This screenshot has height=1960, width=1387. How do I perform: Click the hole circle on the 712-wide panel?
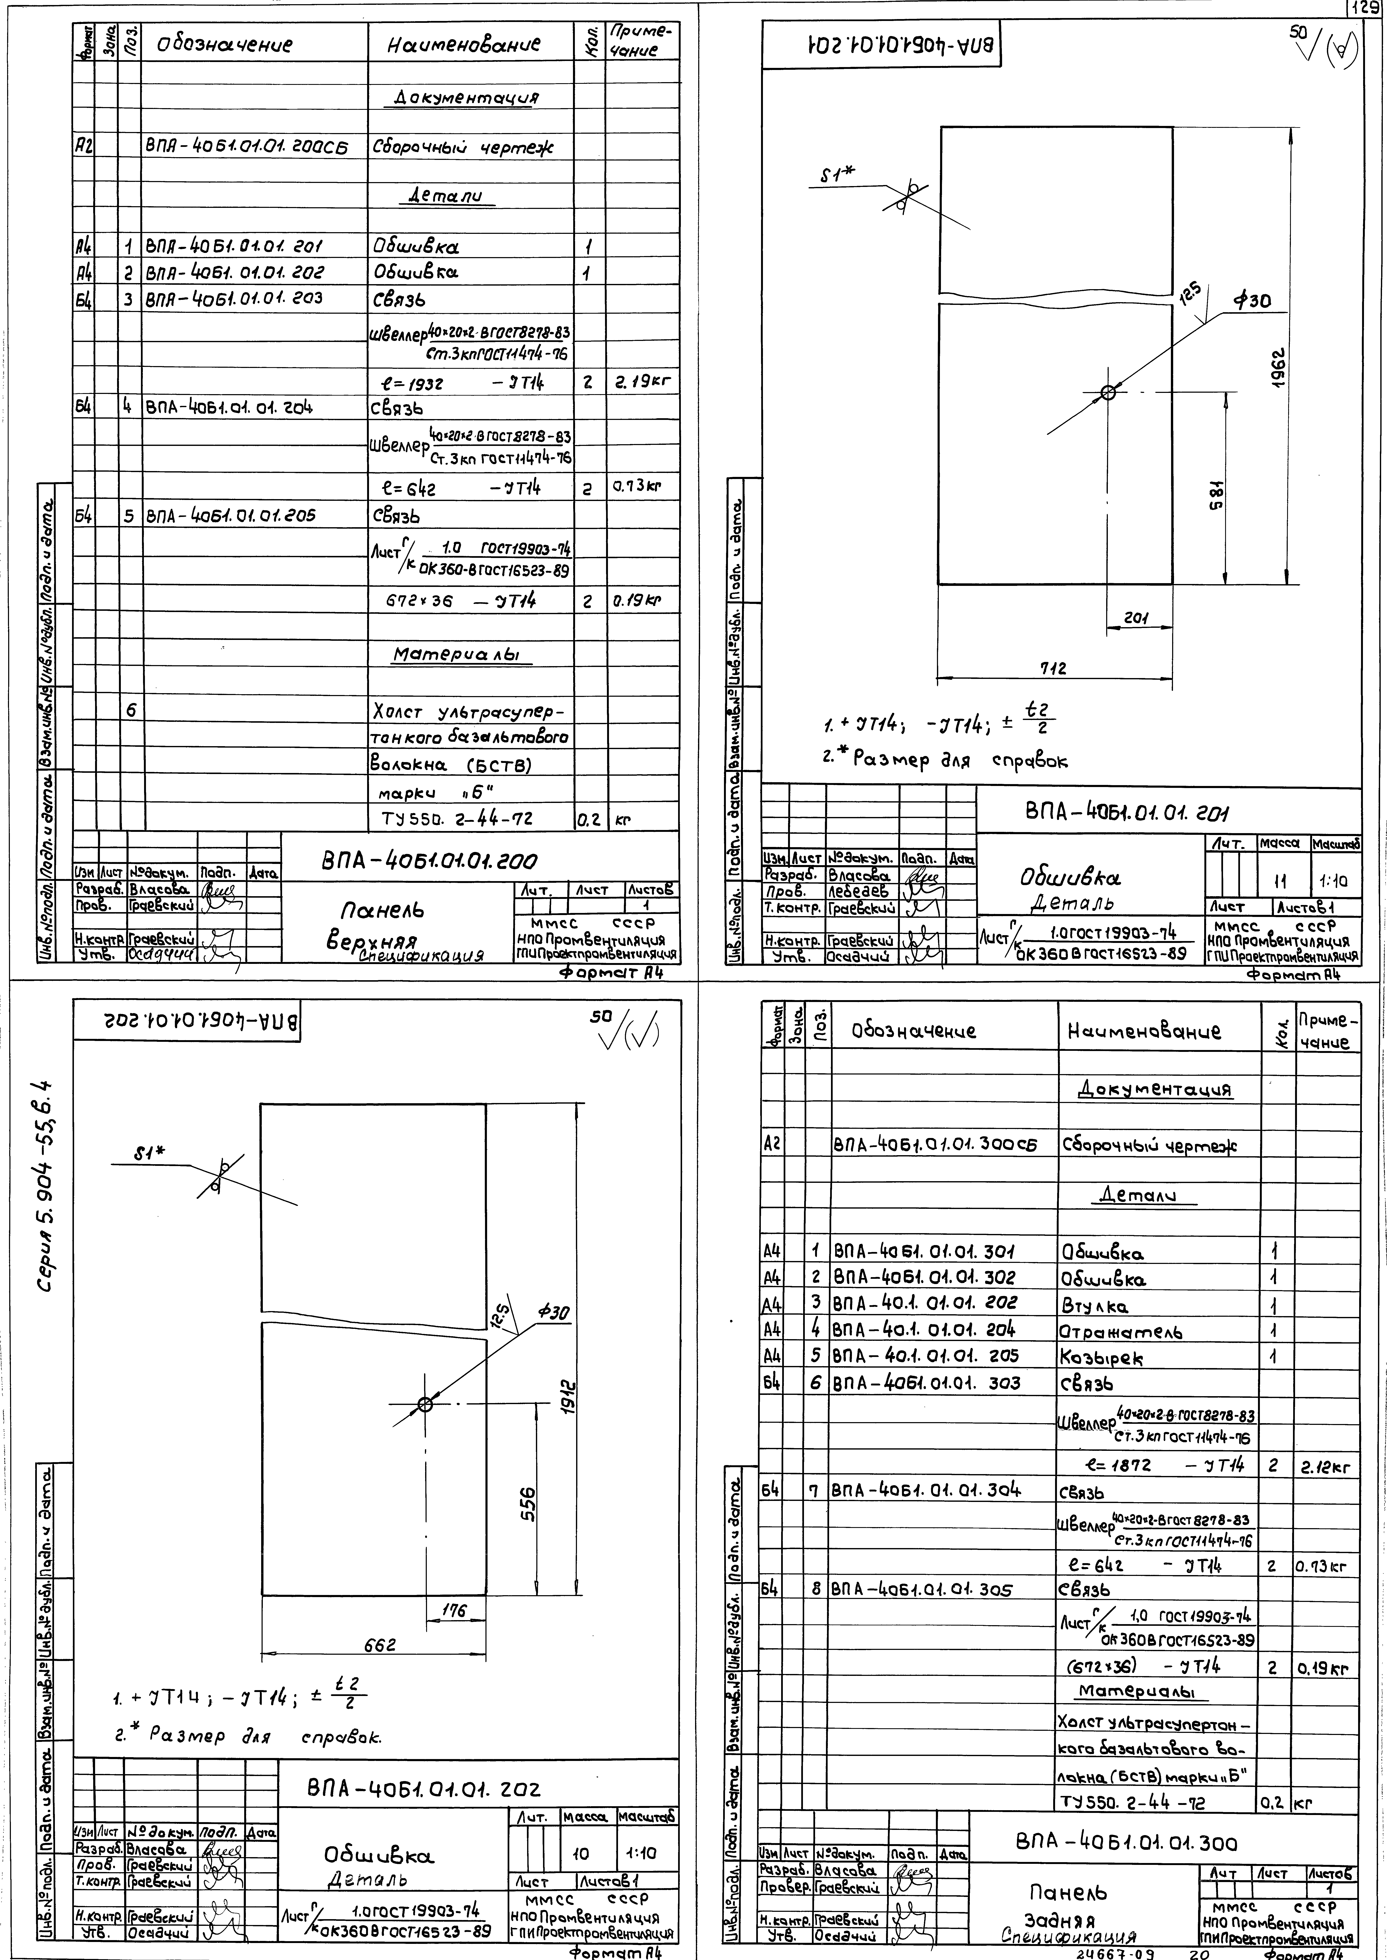[x=1108, y=392]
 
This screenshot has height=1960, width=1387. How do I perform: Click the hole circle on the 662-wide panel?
[x=424, y=1404]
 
